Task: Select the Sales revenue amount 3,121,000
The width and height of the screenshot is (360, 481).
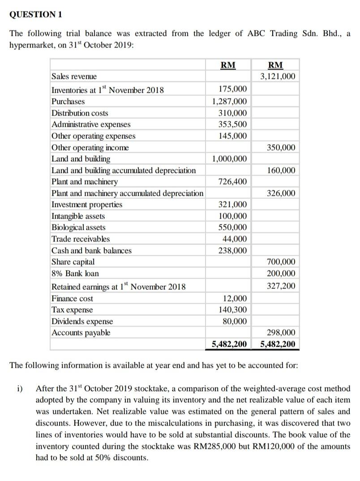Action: [278, 77]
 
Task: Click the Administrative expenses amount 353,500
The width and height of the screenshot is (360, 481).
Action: [232, 125]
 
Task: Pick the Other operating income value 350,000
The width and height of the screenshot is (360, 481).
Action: [281, 147]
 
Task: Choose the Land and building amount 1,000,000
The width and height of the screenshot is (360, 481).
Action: [229, 159]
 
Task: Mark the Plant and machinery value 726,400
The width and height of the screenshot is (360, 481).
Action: [232, 182]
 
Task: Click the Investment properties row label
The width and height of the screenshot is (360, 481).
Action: [87, 205]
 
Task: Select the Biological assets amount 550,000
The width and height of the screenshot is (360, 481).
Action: [232, 228]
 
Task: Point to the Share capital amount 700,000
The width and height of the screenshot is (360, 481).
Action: [281, 262]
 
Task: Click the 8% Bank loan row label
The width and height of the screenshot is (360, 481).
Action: [75, 273]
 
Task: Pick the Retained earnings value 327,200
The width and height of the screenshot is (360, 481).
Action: [281, 286]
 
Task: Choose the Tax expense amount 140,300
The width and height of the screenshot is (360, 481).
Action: [232, 309]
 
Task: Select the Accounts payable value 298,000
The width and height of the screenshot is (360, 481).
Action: [281, 332]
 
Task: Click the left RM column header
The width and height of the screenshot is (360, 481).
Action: [228, 65]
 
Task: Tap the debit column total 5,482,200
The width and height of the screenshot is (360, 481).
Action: [229, 344]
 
